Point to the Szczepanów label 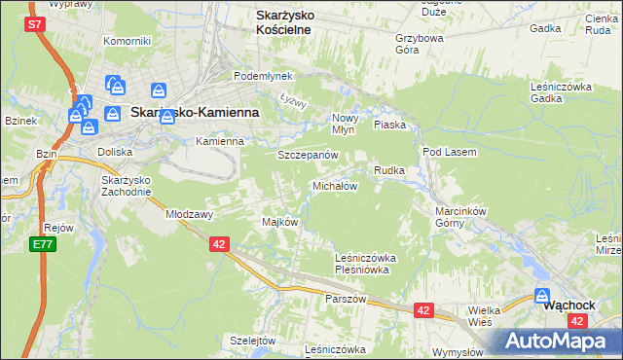click(308, 155)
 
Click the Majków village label click(279, 222)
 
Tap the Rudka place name click(389, 170)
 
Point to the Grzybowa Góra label click(420, 45)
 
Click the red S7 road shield click(34, 24)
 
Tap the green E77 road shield click(41, 243)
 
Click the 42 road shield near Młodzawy click(219, 244)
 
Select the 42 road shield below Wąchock click(578, 320)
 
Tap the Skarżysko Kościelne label click(283, 22)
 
